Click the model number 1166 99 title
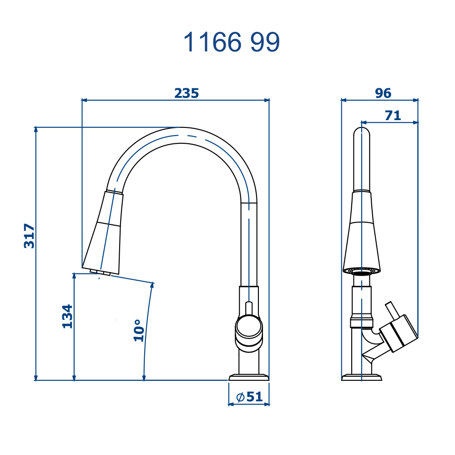coord(232,42)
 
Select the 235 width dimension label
coord(187,93)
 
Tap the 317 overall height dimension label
coord(29,236)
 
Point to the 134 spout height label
coord(67,316)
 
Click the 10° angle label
coord(139,330)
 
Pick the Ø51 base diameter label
coord(249,397)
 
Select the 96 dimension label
coord(383,93)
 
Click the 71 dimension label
coord(393,116)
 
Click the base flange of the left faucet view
coord(249,377)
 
